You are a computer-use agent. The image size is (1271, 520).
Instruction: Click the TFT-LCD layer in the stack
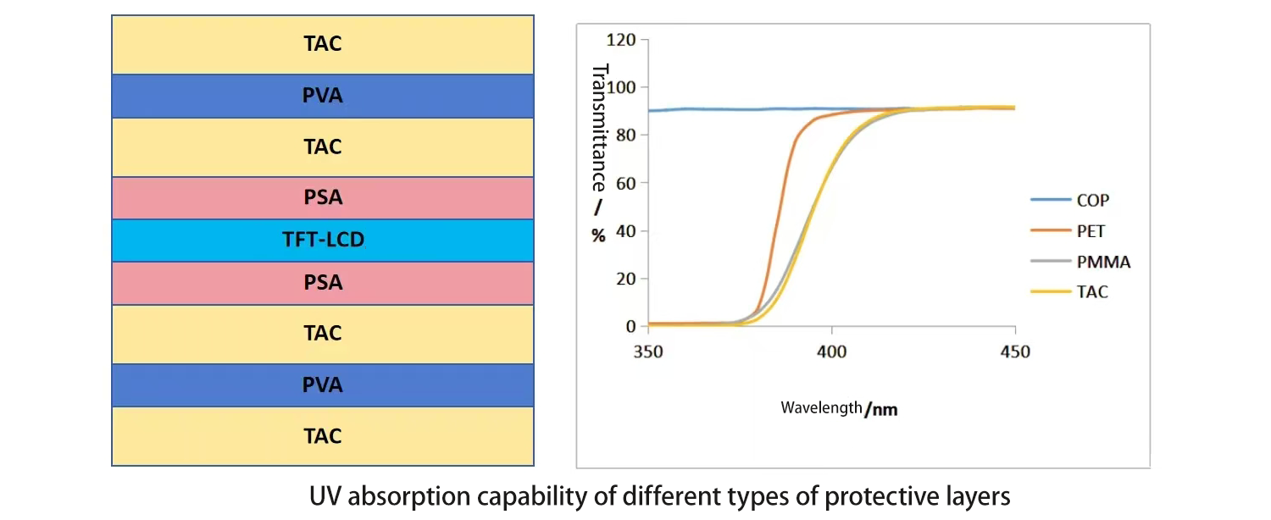tap(323, 241)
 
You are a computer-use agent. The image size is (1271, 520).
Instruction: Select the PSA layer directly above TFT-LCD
tap(323, 198)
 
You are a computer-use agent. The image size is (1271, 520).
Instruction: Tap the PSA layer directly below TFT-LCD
tap(323, 283)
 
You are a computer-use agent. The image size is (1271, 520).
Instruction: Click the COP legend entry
tap(1092, 201)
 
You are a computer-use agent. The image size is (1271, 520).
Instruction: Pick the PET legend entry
tap(1091, 231)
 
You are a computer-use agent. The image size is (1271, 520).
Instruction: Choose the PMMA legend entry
tap(1103, 262)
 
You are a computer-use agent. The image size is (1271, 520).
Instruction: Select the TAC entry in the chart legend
tap(1092, 292)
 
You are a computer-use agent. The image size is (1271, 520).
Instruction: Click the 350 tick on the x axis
tap(648, 351)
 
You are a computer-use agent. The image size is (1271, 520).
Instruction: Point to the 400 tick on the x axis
tap(831, 351)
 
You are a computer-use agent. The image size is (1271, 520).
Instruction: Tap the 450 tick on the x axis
tap(1014, 351)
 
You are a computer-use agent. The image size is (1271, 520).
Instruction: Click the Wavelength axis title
tap(839, 408)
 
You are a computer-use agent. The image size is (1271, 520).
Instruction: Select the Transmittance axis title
tap(599, 127)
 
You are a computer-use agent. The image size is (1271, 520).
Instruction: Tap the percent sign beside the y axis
tap(599, 236)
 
